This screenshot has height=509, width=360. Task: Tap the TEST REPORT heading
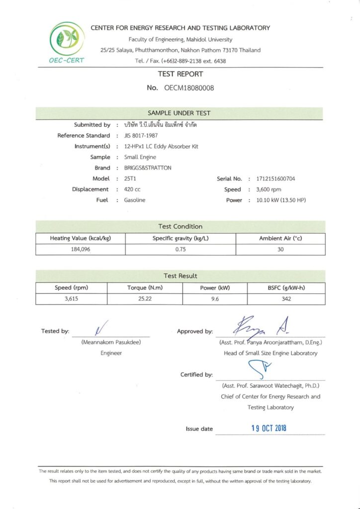click(180, 74)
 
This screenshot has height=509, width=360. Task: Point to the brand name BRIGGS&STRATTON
click(148, 168)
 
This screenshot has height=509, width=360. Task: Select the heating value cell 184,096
click(80, 250)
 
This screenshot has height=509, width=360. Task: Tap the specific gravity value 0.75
click(180, 250)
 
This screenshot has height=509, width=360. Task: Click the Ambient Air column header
click(280, 239)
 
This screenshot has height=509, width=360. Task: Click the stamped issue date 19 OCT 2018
click(268, 428)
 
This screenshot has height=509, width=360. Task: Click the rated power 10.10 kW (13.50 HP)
click(281, 200)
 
